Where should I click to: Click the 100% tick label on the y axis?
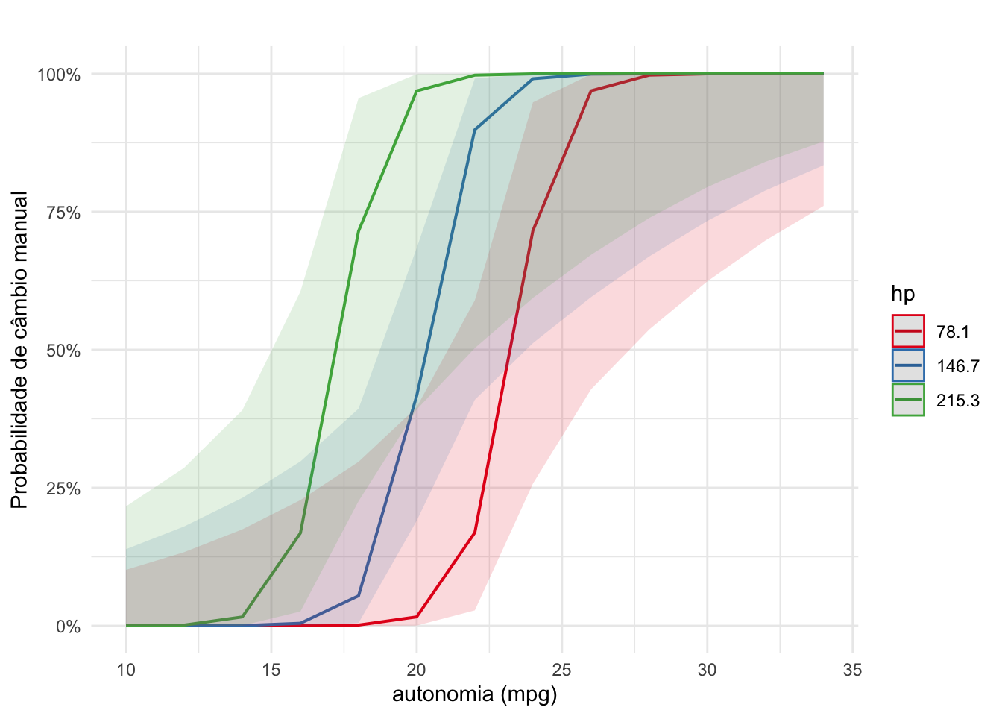click(59, 75)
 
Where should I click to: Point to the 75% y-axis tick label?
click(63, 213)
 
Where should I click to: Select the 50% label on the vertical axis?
click(63, 351)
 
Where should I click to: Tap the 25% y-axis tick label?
click(63, 489)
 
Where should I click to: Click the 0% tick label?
click(67, 626)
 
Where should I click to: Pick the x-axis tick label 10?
click(126, 670)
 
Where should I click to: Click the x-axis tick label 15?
click(271, 670)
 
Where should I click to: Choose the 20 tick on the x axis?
click(416, 670)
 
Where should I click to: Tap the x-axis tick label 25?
click(561, 670)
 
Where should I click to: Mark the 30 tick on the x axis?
click(707, 670)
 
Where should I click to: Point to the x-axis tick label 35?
click(852, 670)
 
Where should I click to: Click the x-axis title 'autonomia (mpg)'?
click(475, 695)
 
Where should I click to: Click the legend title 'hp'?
click(903, 294)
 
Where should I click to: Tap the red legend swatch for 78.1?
click(908, 331)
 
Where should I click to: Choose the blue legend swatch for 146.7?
click(908, 365)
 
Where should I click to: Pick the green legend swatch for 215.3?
click(908, 400)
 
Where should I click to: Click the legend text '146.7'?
click(958, 366)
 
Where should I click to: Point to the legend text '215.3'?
click(958, 401)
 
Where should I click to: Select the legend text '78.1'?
click(953, 332)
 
